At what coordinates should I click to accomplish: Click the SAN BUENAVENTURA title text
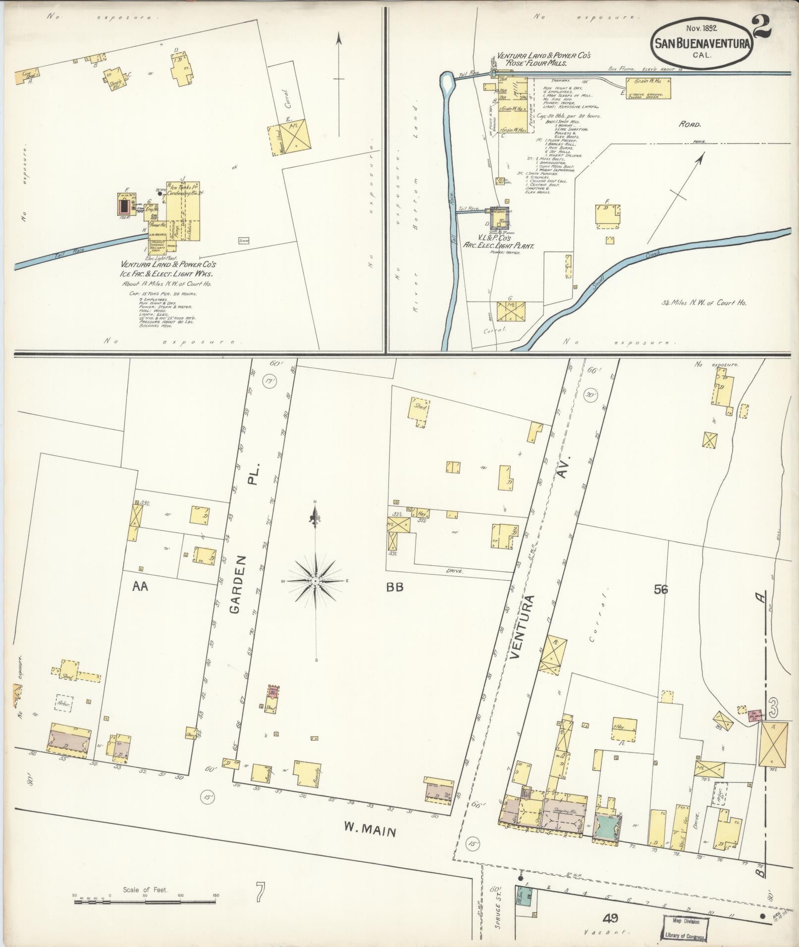pos(701,44)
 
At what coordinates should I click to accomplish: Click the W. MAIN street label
pos(371,828)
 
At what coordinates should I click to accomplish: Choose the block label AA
pos(141,587)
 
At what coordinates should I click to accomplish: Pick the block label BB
pos(395,587)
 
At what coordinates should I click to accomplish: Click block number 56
pos(661,589)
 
